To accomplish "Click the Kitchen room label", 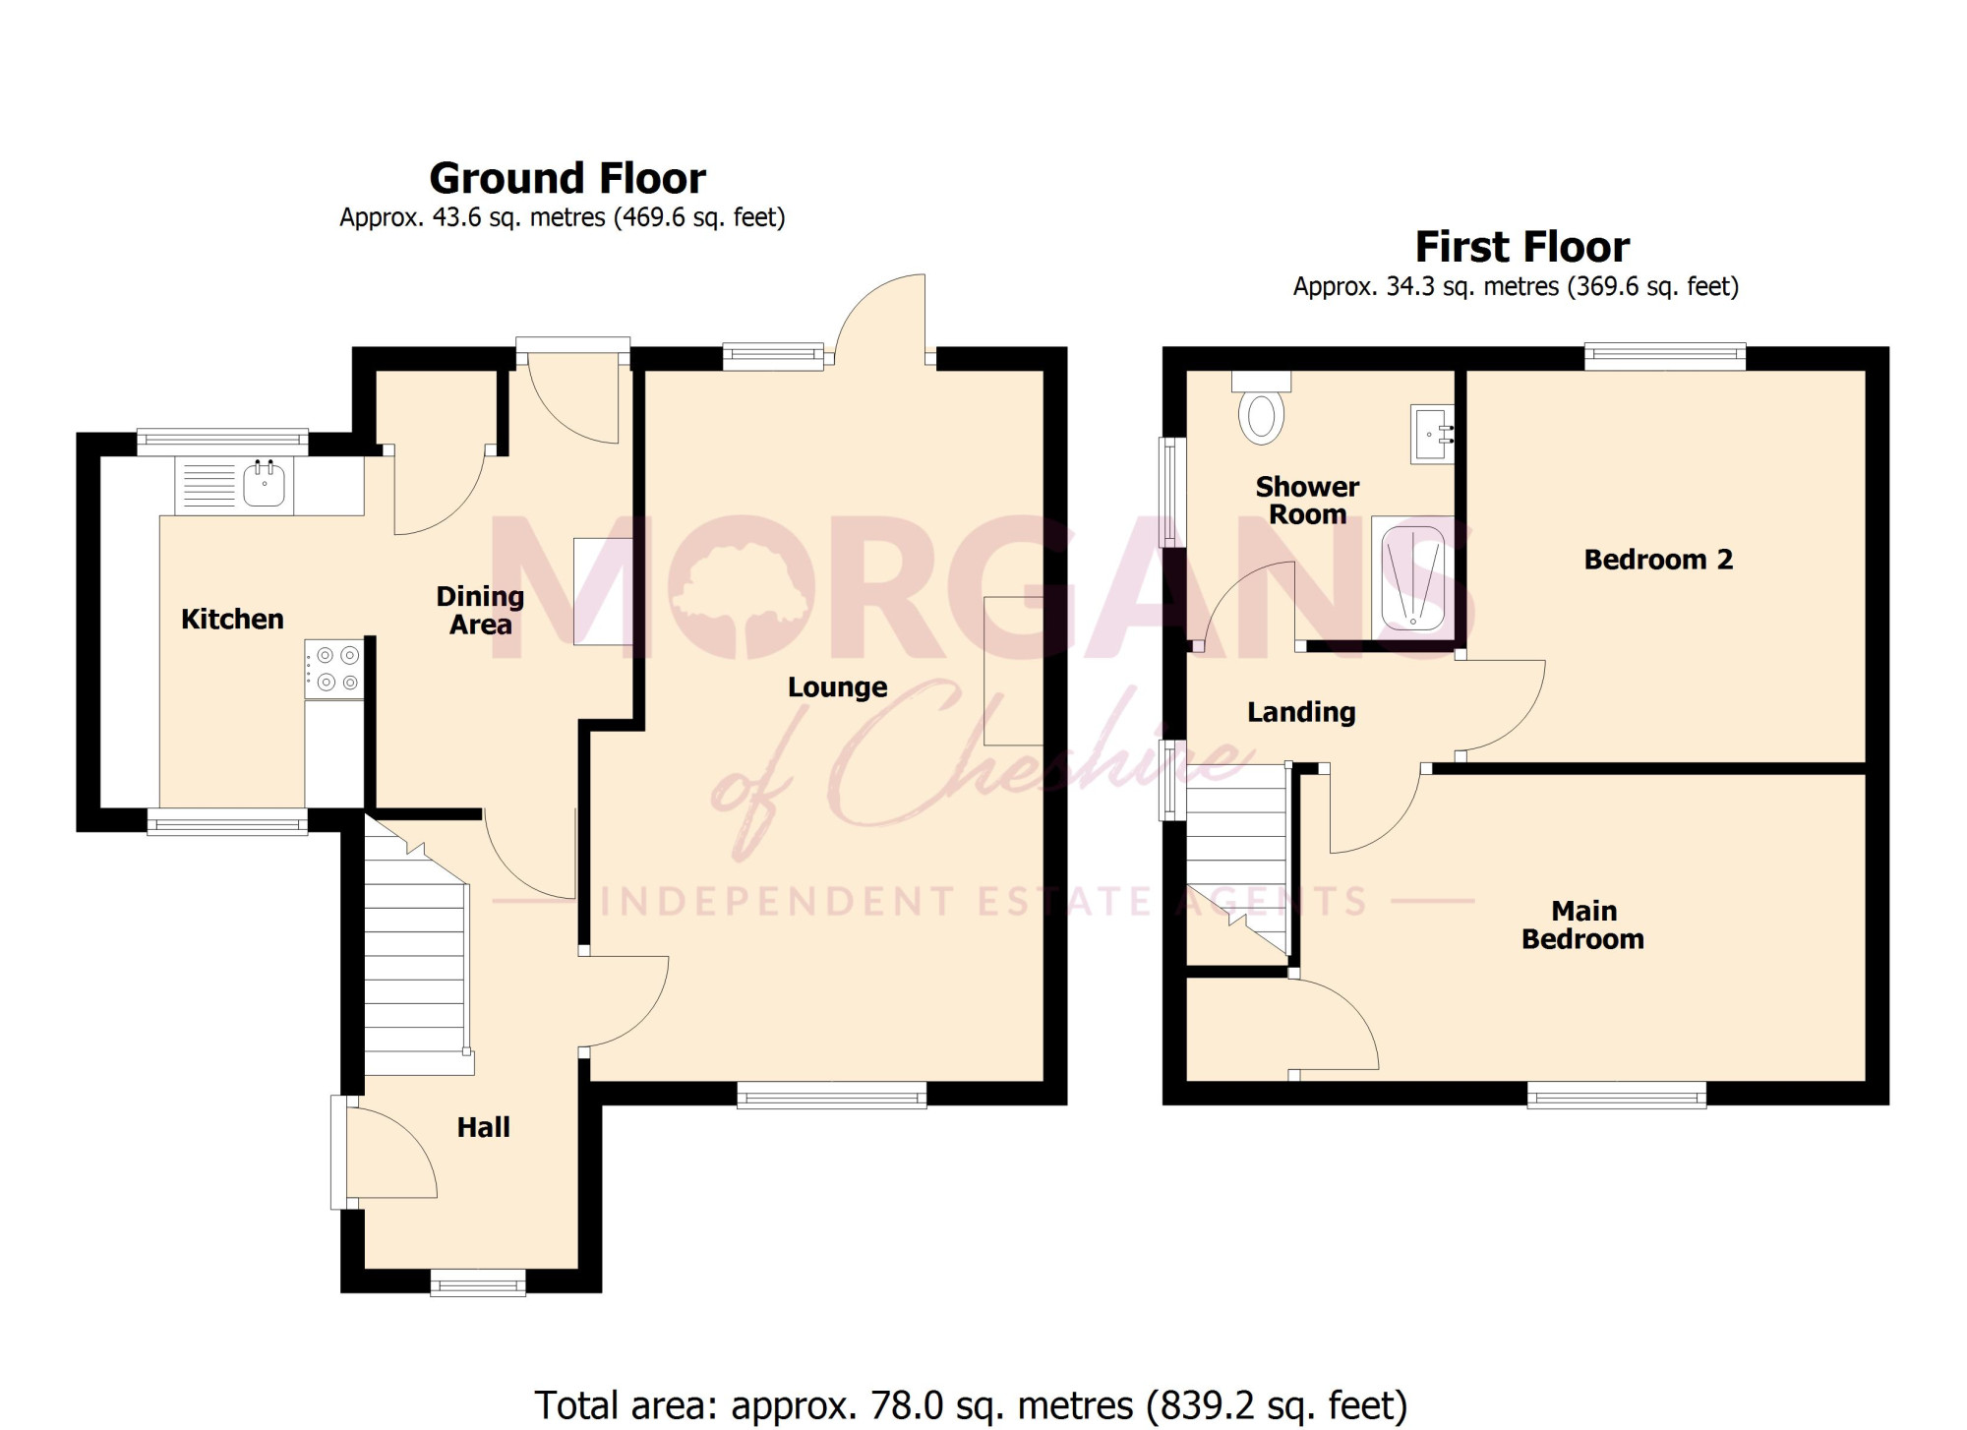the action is tap(232, 619).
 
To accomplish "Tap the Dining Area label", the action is tap(480, 610).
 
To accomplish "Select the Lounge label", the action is tap(837, 687).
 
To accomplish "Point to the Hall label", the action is tap(483, 1127).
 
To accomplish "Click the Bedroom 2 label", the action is tap(1658, 560).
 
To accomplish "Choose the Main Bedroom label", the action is tap(1582, 924).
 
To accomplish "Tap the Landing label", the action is tap(1301, 712).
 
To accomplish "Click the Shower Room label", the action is tap(1307, 500).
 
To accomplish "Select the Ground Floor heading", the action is tap(567, 178).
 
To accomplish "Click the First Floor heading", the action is tap(1521, 247).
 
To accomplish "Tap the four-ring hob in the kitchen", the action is tap(334, 669).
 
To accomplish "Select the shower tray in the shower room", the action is tap(1412, 577).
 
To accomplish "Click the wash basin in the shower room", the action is tap(1432, 433).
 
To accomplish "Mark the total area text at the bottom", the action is tap(971, 1405).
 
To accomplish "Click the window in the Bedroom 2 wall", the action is tap(1665, 356).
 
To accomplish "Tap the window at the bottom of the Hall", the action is tap(478, 1282).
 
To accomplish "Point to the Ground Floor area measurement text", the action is tap(563, 217).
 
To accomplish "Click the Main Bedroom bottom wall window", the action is tap(1617, 1095).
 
